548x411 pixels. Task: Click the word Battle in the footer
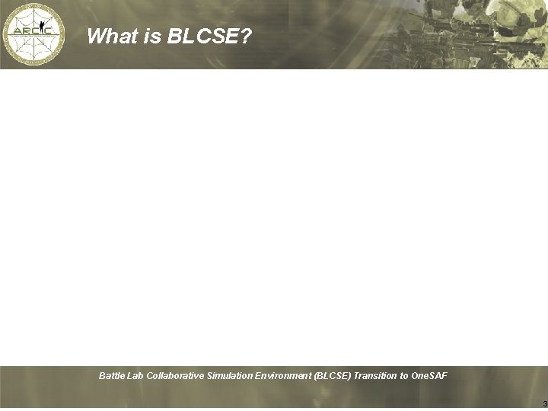click(x=113, y=376)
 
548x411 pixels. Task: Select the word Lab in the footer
click(x=136, y=376)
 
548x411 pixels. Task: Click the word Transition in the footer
click(x=375, y=376)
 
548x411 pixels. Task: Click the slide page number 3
click(x=544, y=403)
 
